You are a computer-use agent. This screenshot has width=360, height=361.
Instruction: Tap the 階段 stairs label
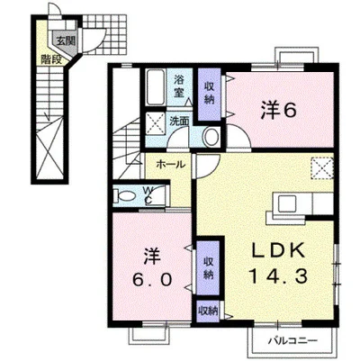click(x=51, y=59)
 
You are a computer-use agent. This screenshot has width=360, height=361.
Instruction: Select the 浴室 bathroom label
click(x=179, y=86)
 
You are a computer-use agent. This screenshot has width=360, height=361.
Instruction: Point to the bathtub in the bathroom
click(x=156, y=86)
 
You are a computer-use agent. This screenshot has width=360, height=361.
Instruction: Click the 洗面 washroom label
click(x=179, y=121)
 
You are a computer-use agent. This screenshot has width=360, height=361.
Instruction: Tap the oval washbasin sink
click(x=212, y=137)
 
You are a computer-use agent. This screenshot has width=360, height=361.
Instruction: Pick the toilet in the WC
click(x=124, y=197)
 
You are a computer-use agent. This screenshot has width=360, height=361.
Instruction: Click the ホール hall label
click(x=170, y=165)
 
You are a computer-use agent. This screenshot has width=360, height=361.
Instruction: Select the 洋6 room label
click(x=279, y=111)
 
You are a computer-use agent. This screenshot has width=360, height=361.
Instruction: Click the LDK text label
click(x=279, y=251)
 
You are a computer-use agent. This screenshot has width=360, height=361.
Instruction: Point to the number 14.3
click(x=278, y=276)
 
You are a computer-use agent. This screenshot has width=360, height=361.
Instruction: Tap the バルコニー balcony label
click(x=292, y=341)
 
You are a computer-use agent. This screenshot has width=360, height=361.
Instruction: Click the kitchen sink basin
click(x=287, y=204)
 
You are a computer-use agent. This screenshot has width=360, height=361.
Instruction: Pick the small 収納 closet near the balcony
click(x=208, y=311)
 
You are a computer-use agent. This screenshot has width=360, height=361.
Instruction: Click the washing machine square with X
click(x=156, y=123)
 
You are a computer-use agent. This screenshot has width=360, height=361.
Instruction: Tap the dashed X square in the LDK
click(x=322, y=168)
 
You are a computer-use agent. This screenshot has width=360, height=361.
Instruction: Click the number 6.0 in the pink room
click(x=153, y=280)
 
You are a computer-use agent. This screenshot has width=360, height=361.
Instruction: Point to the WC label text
click(x=148, y=196)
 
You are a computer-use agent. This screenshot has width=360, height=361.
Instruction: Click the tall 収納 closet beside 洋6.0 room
click(x=208, y=268)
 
